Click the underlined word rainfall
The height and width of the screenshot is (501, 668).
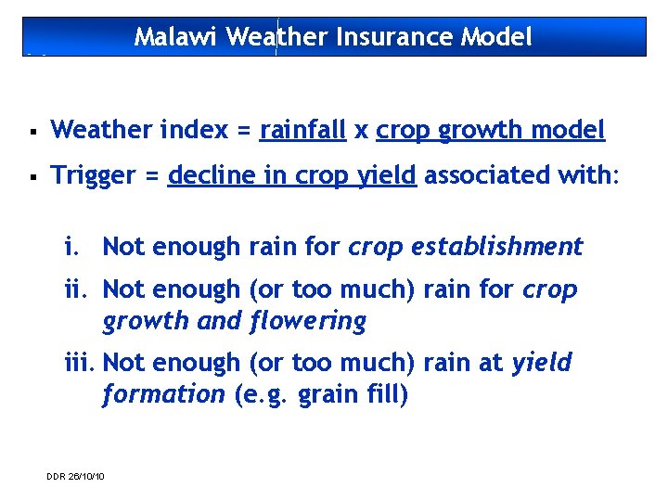pos(302,130)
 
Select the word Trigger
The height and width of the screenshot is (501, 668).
pos(93,176)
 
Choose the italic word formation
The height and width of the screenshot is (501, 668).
pos(163,394)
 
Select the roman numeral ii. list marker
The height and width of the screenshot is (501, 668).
pos(76,289)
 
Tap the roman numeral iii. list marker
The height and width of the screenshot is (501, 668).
pos(79,362)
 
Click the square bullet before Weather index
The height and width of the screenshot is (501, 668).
pos(32,131)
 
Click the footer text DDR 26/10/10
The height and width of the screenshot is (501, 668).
pos(75,476)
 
